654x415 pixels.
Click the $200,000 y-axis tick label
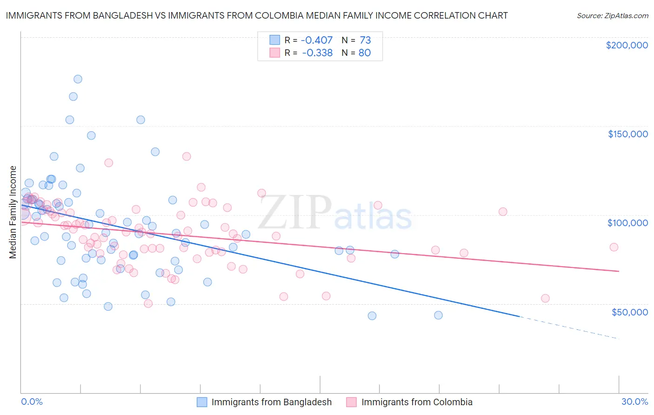click(x=627, y=45)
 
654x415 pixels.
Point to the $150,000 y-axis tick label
click(x=627, y=134)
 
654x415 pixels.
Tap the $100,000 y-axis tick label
click(x=627, y=223)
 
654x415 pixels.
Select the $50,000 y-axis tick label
click(x=629, y=312)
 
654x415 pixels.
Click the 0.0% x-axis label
click(x=32, y=402)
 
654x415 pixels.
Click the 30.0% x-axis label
click(x=634, y=402)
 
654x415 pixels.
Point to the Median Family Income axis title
click(x=13, y=212)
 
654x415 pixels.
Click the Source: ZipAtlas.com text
click(x=612, y=15)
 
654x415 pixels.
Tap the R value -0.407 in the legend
click(x=317, y=40)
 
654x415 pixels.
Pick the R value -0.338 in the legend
click(x=317, y=53)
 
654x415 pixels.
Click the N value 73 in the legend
click(x=365, y=40)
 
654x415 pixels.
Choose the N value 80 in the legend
click(x=365, y=53)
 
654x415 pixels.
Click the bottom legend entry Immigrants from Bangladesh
click(x=271, y=402)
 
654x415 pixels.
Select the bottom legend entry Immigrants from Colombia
click(x=416, y=402)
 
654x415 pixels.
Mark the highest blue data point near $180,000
click(x=78, y=79)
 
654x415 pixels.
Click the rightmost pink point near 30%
click(x=614, y=247)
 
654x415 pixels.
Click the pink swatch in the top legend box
click(x=274, y=53)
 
